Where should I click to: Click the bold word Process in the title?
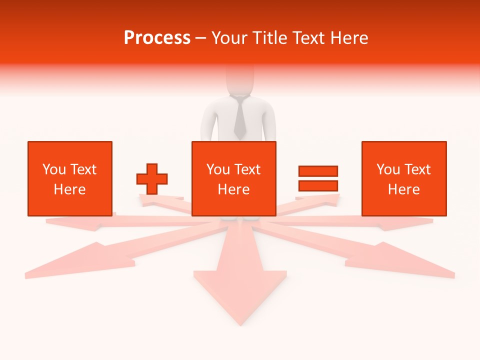coord(157,38)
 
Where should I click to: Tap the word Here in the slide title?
coord(349,38)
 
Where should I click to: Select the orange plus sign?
coord(152,179)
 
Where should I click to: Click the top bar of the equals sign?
coord(318,171)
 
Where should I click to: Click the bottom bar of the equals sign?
coord(318,186)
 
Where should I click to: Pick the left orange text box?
coord(70,178)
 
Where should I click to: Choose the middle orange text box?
coord(233,178)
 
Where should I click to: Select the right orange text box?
coord(404,178)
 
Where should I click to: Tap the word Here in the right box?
coord(404,189)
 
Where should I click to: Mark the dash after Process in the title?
coord(200,38)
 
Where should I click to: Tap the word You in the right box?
coord(388,169)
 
